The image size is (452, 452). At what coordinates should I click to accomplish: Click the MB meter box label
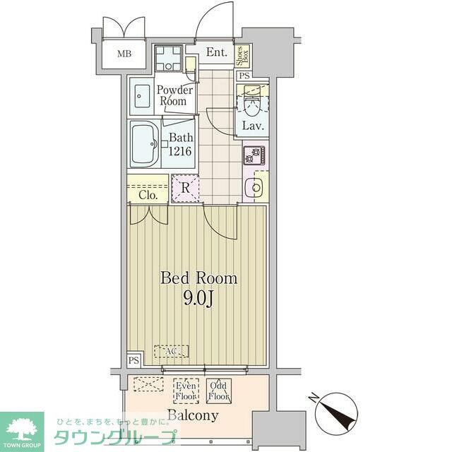click(124, 54)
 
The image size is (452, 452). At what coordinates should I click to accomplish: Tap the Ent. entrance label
click(216, 52)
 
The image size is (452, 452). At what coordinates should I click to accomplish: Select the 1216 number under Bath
click(180, 150)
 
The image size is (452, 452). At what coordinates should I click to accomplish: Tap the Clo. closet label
click(148, 194)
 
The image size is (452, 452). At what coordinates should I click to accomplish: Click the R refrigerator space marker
click(185, 189)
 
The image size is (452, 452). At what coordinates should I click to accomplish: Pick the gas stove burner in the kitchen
click(254, 155)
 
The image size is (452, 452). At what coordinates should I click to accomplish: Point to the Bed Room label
click(199, 278)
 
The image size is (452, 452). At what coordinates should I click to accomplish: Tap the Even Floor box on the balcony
click(186, 391)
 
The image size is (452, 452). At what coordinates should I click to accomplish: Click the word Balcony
click(193, 415)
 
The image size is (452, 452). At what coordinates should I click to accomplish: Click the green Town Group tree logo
click(22, 428)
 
